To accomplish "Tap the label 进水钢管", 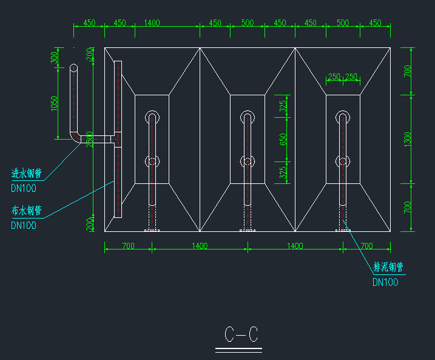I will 26,174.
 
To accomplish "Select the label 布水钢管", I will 26,211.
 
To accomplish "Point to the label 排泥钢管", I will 388,267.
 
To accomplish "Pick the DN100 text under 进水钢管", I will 24,188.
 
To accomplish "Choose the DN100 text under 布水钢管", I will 24,225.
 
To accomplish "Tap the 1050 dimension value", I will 54,104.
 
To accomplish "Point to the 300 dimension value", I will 54,58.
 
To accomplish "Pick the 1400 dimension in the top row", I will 152,23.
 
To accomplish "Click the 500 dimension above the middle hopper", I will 247,23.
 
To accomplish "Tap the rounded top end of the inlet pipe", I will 73,68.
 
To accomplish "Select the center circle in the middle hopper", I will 247,161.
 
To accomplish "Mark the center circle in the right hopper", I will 343,161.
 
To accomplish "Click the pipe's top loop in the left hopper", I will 152,115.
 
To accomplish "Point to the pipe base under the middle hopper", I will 247,230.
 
